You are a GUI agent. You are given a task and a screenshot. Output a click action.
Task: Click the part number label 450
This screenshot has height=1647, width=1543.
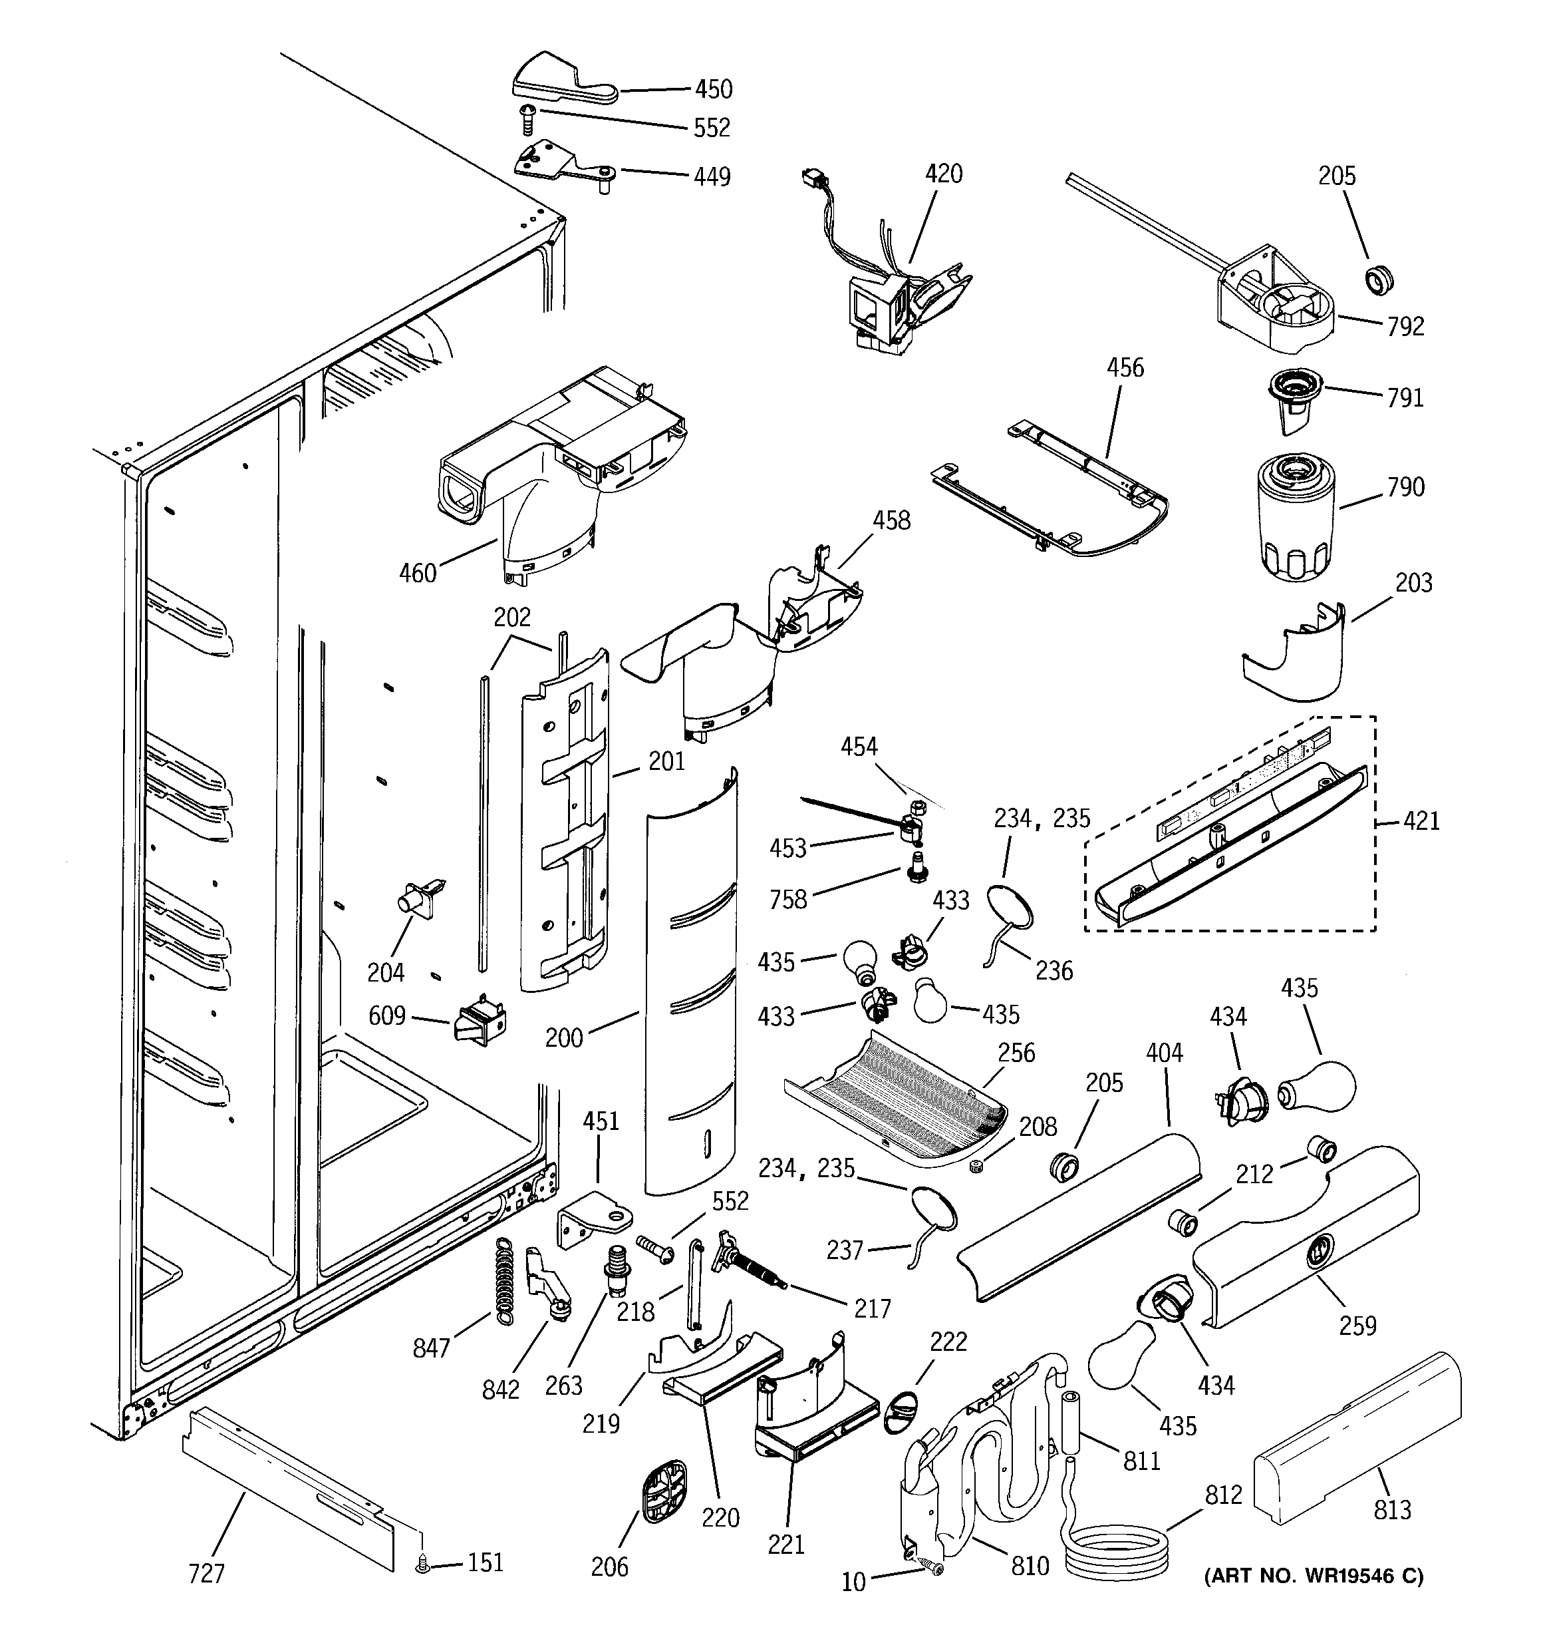click(x=712, y=89)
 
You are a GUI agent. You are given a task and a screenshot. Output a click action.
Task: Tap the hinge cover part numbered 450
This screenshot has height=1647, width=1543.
click(x=559, y=81)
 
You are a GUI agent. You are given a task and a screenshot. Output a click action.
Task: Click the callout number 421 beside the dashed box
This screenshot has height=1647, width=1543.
click(x=1421, y=822)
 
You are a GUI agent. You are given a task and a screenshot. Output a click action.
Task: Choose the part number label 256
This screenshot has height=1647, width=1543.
click(x=1016, y=1052)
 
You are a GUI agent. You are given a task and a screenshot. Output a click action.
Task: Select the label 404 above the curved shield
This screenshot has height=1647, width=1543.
click(x=1165, y=1053)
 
